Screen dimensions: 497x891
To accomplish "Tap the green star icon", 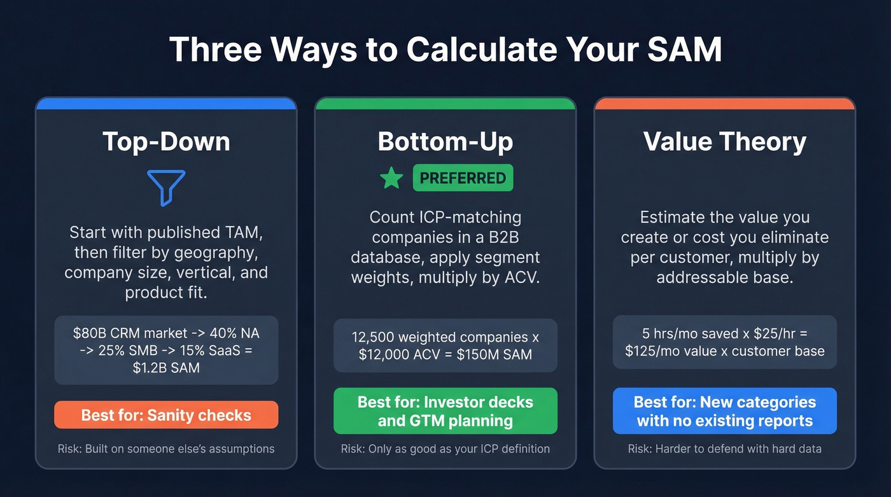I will (391, 178).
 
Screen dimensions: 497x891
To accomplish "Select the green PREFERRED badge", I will (463, 178).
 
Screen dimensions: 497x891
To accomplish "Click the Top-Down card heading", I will (166, 141).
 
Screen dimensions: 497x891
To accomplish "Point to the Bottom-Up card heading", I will (445, 141).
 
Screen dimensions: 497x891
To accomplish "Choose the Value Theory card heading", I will (725, 141).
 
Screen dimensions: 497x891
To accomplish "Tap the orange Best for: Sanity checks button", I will (166, 415).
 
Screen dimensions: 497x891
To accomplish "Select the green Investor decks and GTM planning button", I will (445, 411).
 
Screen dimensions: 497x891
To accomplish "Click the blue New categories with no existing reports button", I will (725, 411).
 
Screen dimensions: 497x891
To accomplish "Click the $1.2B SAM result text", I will (166, 367).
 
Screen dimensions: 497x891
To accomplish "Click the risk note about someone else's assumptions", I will (166, 449).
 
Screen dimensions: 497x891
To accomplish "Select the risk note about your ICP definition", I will (445, 449).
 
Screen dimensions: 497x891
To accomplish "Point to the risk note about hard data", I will (725, 449).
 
